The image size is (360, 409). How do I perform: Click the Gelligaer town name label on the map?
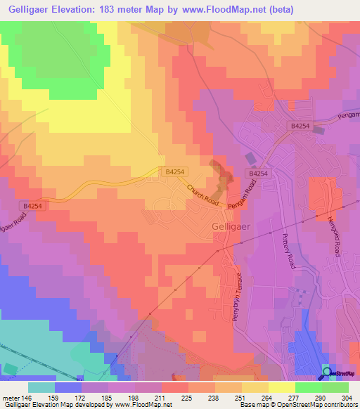pos(228,226)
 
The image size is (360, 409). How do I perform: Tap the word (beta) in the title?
pos(278,10)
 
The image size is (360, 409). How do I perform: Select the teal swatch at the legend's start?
pos(41,387)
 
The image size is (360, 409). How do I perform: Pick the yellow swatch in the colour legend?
pos(281,387)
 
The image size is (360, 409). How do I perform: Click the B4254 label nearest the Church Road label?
pos(176,171)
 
